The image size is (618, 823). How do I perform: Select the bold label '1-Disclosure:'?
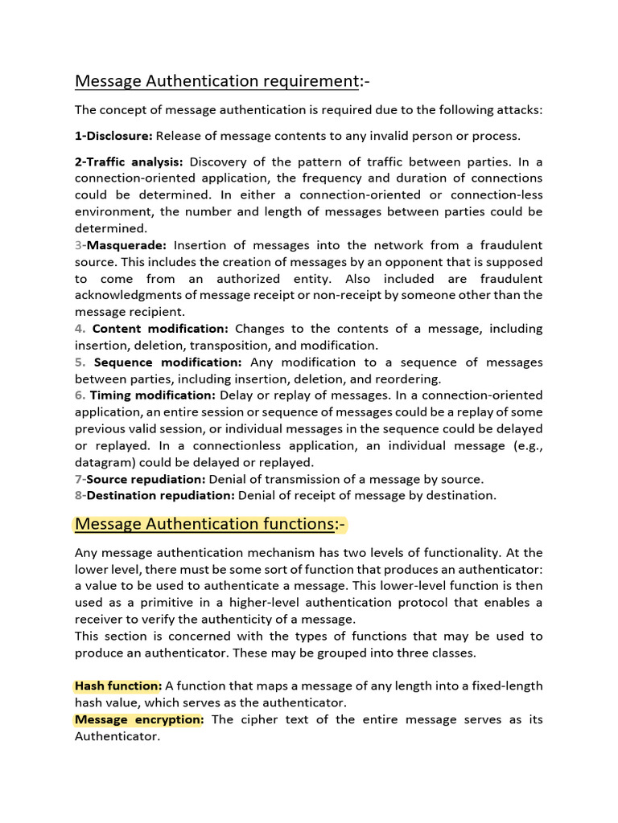[x=113, y=135]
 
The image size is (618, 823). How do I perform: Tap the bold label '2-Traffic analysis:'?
[x=129, y=161]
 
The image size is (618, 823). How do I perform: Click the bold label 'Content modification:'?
[x=160, y=329]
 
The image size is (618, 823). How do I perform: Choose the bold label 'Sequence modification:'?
[x=167, y=362]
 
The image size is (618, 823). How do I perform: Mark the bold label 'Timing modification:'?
[x=152, y=395]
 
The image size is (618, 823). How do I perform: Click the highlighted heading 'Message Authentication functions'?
[x=205, y=525]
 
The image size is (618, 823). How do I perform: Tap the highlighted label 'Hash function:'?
[x=118, y=686]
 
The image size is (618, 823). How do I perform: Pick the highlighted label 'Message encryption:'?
[x=139, y=719]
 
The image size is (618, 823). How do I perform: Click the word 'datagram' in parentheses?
[x=104, y=463]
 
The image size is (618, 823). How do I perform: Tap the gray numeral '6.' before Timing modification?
[x=80, y=395]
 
